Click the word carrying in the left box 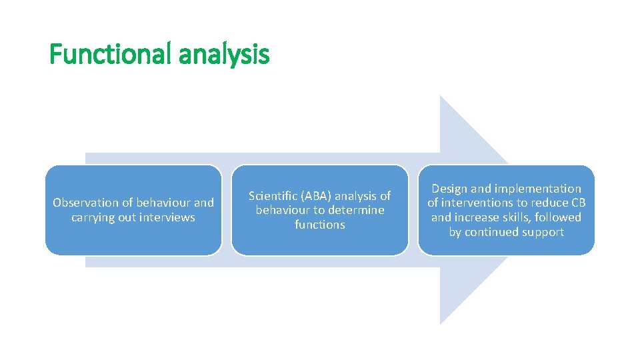[93, 217]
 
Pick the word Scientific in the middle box [273, 196]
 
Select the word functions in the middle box [320, 225]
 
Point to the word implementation [538, 189]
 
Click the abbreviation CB [577, 203]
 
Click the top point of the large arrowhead [441, 96]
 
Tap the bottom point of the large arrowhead [441, 324]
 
